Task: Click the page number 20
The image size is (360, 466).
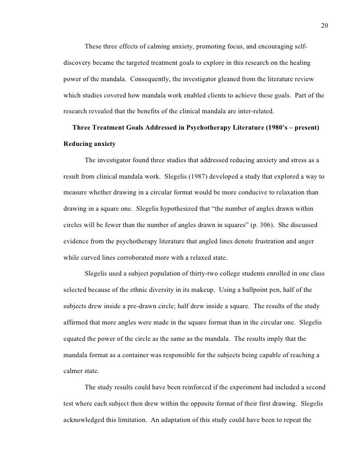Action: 325,26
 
